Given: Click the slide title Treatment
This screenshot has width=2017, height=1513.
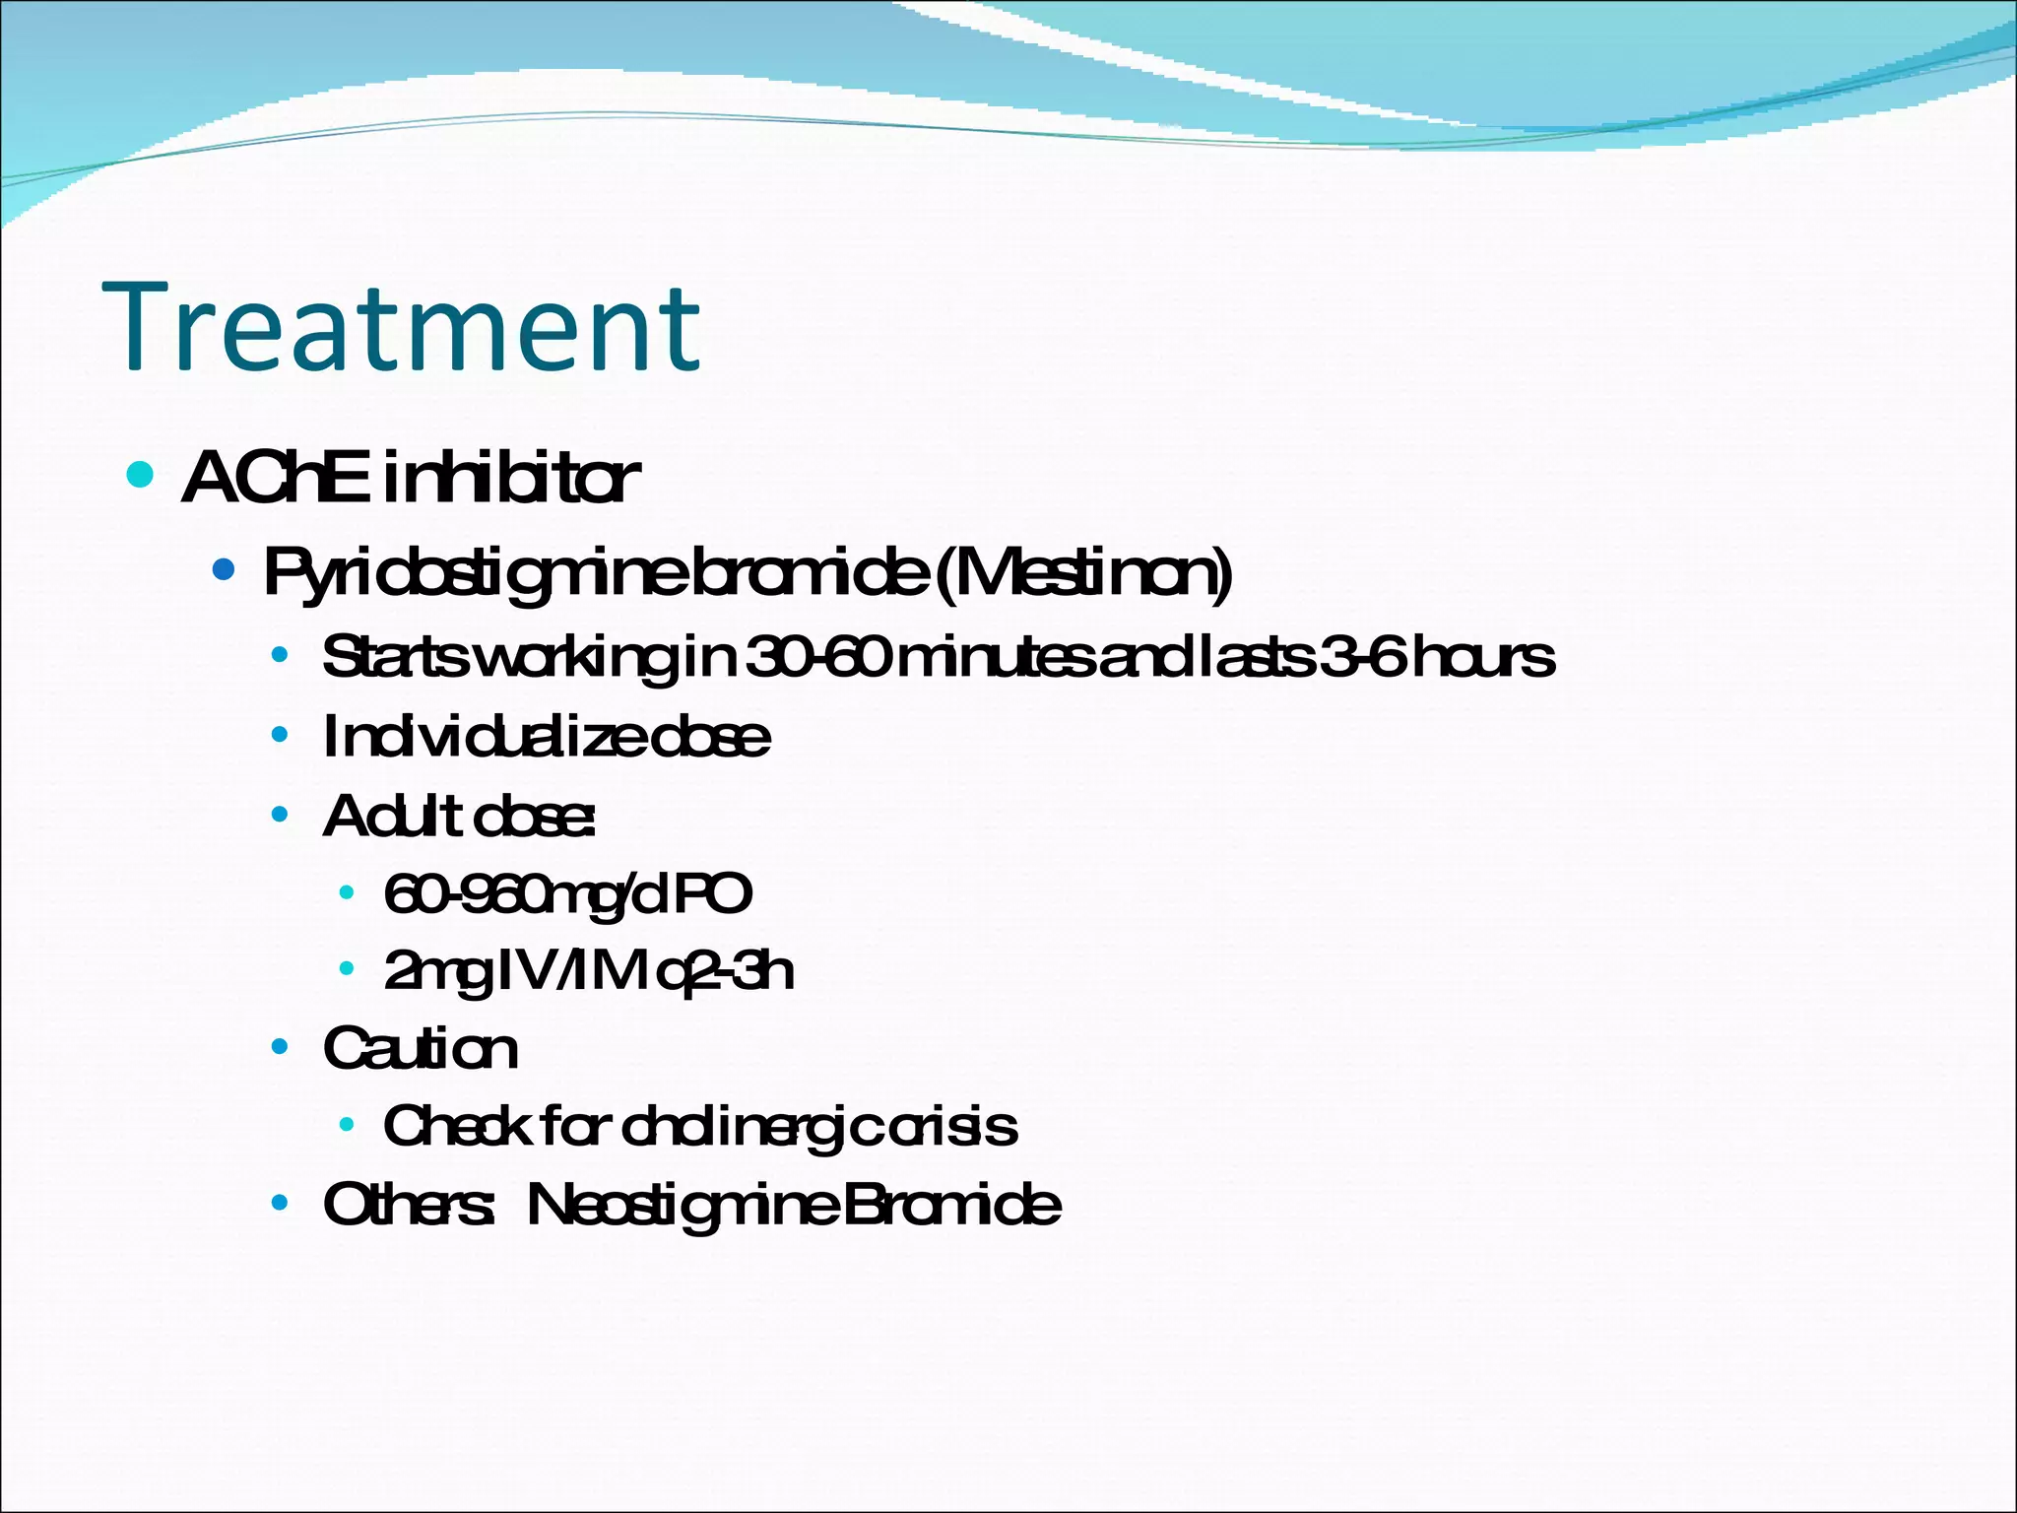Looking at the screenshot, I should click(402, 327).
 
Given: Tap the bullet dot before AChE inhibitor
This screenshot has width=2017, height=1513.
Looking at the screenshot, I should click(141, 476).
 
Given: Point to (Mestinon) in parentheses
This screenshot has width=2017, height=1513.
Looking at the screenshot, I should click(1082, 573).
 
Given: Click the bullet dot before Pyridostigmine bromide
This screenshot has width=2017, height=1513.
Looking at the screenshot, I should click(224, 569).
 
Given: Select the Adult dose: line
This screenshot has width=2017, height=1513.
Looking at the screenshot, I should click(459, 817).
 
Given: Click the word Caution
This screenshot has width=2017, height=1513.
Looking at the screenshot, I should click(420, 1048).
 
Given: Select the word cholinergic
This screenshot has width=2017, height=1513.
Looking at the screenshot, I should click(748, 1126).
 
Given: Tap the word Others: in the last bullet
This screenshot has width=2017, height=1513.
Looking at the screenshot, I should click(408, 1204).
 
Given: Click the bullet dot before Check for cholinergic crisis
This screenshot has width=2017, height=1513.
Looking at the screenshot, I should click(346, 1124).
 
